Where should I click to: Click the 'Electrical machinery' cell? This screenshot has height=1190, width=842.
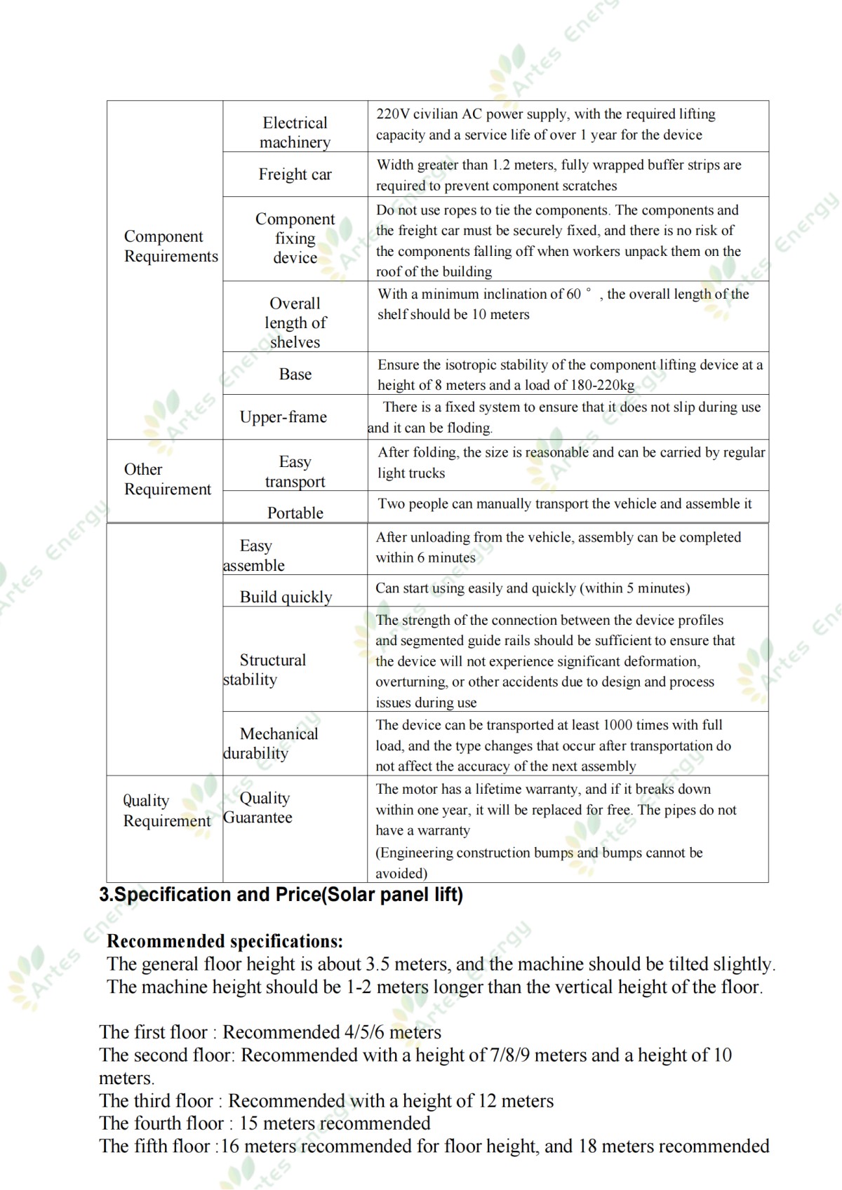pos(295,133)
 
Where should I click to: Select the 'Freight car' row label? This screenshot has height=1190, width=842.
pos(295,175)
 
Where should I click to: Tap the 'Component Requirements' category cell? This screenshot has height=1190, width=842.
pos(171,246)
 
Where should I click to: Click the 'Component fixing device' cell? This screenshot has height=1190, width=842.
pos(295,238)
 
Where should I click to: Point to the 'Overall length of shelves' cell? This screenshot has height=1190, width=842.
pos(295,323)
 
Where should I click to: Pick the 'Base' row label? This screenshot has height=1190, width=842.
pos(295,374)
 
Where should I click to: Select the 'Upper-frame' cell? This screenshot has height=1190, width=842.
pos(283,417)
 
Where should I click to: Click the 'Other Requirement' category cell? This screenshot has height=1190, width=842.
pos(167,479)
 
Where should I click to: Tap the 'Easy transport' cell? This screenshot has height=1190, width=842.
pos(295,471)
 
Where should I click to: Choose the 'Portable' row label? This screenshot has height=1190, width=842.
pos(295,513)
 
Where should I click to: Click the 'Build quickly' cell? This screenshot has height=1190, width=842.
pos(286,597)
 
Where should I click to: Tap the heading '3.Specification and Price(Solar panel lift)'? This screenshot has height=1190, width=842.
pos(281,895)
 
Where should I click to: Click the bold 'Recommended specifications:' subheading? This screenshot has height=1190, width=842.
pos(225,941)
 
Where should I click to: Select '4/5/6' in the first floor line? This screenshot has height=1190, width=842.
pos(364,1032)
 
